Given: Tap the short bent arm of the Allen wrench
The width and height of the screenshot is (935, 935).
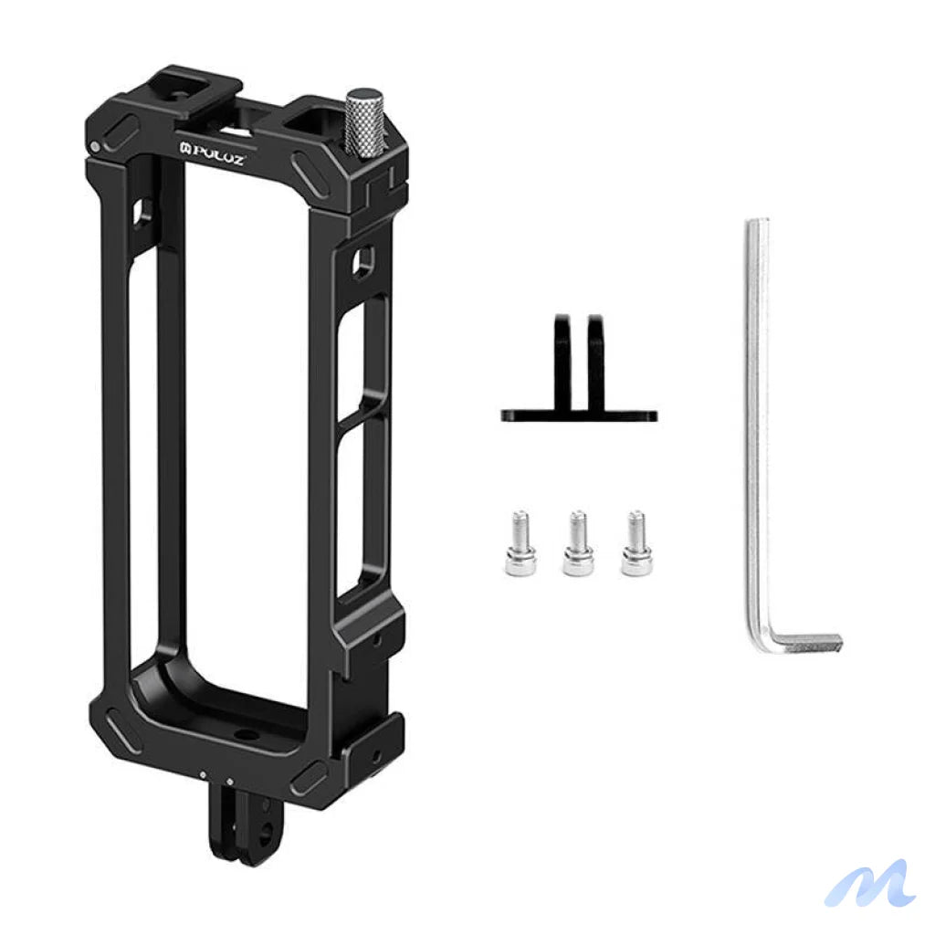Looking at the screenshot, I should tap(804, 640).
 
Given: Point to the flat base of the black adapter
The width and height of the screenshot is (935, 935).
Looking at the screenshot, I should tap(579, 415).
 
